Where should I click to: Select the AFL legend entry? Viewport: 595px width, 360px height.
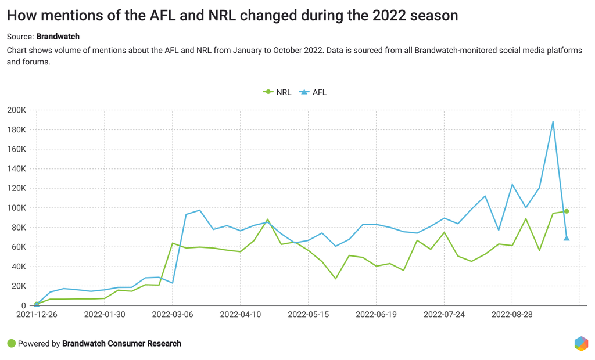click(x=314, y=92)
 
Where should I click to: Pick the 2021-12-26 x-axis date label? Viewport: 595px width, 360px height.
click(x=37, y=314)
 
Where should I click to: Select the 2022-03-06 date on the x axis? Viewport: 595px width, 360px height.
click(x=173, y=314)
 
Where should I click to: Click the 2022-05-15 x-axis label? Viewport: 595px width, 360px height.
click(x=309, y=314)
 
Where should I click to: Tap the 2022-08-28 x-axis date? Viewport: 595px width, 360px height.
click(x=512, y=314)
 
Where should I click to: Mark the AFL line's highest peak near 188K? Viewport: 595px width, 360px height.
click(x=553, y=121)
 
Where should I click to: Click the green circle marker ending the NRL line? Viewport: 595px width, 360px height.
click(x=567, y=211)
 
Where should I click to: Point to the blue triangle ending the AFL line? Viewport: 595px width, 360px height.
click(x=567, y=237)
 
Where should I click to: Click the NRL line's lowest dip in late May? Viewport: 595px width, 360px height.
click(x=335, y=279)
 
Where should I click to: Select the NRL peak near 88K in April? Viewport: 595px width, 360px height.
click(x=267, y=219)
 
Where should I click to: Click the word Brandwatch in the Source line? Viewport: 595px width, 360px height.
click(x=58, y=36)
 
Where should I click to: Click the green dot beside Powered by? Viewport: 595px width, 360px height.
click(x=11, y=343)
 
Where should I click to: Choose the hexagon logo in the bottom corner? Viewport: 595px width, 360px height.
click(x=580, y=343)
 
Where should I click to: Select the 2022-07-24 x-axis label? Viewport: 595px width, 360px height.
click(x=444, y=314)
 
